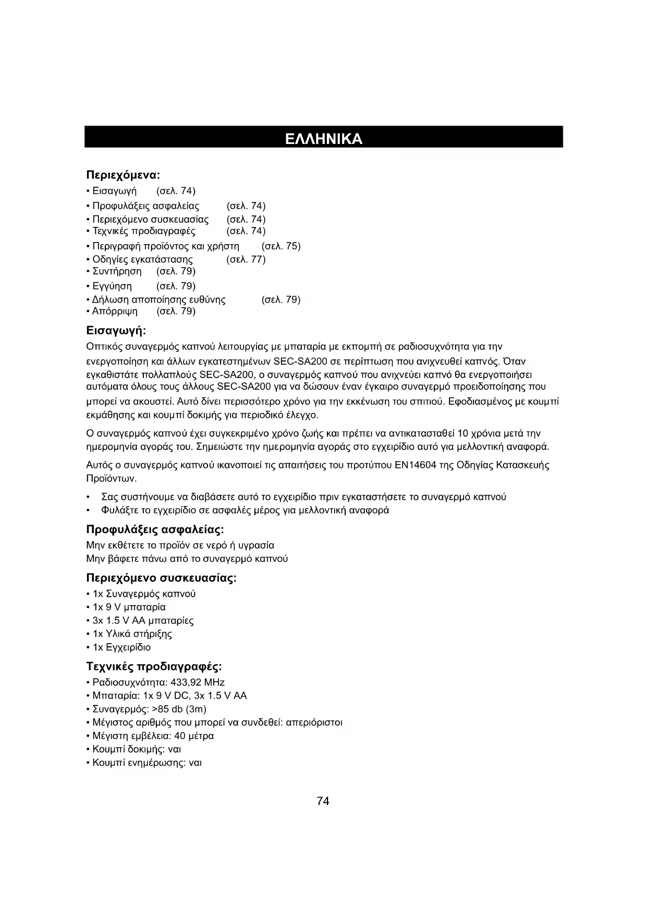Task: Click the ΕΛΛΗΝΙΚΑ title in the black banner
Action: click(323, 139)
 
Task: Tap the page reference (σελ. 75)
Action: click(281, 246)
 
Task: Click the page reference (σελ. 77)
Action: click(246, 259)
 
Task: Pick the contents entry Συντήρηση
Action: click(117, 271)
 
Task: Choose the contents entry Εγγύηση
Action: click(112, 286)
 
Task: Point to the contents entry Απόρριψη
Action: click(115, 311)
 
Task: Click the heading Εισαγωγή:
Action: click(116, 331)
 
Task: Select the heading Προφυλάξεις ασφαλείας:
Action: click(155, 530)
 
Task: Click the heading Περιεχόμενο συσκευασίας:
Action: click(161, 579)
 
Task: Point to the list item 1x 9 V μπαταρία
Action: click(129, 607)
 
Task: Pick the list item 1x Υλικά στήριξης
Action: click(132, 634)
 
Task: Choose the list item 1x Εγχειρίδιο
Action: click(121, 647)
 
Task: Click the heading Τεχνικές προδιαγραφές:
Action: click(154, 667)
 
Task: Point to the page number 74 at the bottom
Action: click(323, 801)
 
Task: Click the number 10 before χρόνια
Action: click(462, 434)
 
